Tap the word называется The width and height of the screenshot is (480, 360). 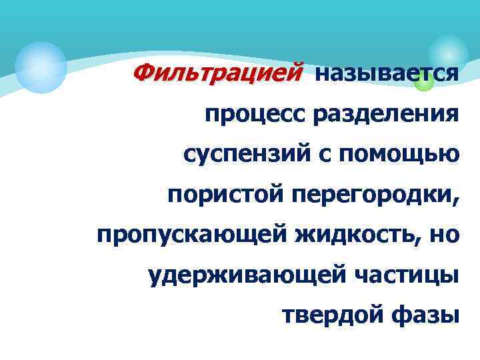pos(386,74)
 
